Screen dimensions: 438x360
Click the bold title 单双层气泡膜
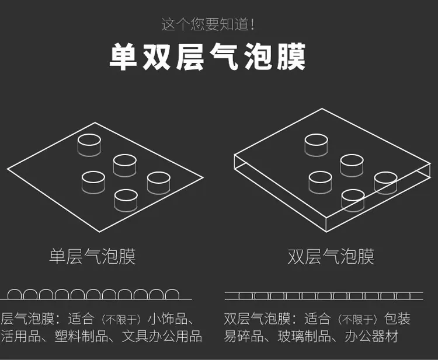point(207,57)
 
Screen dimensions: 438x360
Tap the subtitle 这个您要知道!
point(208,25)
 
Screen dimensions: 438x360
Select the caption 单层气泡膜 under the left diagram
point(92,257)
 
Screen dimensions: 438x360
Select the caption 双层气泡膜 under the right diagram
point(331,257)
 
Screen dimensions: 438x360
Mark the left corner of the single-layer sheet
point(7,169)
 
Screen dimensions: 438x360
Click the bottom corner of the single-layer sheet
point(100,232)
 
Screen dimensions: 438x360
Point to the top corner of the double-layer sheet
point(322,109)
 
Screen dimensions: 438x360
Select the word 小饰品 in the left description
point(168,319)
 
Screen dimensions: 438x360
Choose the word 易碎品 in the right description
point(244,336)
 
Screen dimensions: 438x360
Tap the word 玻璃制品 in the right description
point(304,336)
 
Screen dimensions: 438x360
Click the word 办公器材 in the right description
point(371,336)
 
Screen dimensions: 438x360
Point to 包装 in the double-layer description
point(397,319)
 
